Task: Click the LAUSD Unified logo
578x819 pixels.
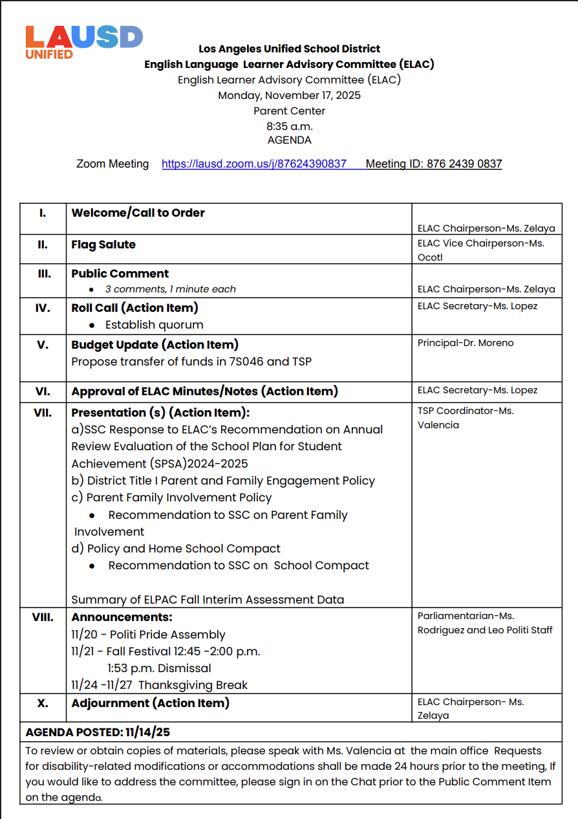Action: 83,42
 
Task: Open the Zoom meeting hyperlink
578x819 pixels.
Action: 254,164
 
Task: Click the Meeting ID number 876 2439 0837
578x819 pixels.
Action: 464,164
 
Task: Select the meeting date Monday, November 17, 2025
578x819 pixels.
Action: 289,96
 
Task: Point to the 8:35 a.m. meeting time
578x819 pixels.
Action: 289,126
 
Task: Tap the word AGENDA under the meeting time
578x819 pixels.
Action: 289,140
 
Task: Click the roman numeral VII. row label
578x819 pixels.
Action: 43,413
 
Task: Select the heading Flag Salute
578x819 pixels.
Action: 103,245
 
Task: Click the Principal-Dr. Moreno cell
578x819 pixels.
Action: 466,343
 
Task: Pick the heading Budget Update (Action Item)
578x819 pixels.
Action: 155,345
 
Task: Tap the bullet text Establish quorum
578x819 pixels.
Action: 154,325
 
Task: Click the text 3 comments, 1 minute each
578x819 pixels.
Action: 170,289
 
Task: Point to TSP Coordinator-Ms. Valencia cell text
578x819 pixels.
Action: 466,418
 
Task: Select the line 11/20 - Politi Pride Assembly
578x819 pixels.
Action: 148,635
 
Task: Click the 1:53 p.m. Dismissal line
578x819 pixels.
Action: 159,668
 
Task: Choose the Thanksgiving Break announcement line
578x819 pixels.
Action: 159,685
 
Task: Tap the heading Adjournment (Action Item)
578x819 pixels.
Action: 150,703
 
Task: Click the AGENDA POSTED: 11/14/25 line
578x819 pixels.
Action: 98,732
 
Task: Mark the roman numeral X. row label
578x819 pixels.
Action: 43,703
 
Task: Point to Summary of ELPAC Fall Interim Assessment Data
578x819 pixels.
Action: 208,600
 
